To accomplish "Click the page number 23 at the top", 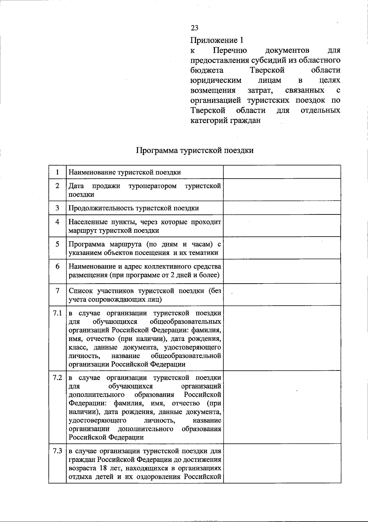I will point(194,28).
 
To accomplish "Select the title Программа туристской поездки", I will point(195,150).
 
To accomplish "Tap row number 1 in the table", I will point(57,172).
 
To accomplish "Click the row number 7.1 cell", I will point(57,313).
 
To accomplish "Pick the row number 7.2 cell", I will point(57,378).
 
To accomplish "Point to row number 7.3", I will point(57,451).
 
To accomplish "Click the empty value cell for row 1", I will point(282,172).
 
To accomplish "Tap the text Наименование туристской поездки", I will point(125,172).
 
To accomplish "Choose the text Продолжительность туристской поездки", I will point(134,208).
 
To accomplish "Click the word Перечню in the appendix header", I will point(230,50).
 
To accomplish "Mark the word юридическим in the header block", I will point(216,80).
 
